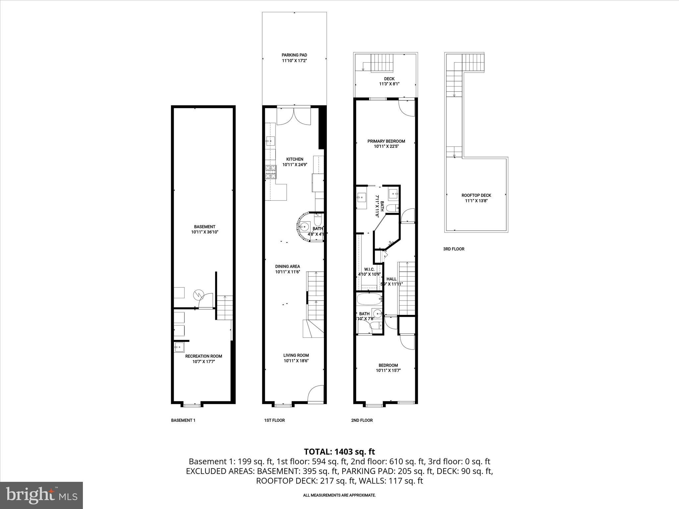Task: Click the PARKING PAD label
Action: coord(294,55)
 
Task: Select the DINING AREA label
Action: coord(287,266)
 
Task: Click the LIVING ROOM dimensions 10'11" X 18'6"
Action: coord(296,361)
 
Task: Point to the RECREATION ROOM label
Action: coord(204,356)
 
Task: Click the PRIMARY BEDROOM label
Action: coord(386,141)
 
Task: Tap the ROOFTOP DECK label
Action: coord(476,196)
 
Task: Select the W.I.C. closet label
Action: coord(369,269)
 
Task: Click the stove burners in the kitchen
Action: coord(271,172)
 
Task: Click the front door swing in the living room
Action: coord(316,394)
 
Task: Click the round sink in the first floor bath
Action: coord(304,227)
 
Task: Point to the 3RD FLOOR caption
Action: coord(454,249)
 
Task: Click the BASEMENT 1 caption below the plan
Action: coord(183,420)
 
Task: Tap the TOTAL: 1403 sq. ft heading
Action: coord(339,452)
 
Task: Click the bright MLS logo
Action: coord(41,495)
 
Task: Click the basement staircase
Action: coord(224,307)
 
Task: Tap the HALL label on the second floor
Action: coord(391,279)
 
